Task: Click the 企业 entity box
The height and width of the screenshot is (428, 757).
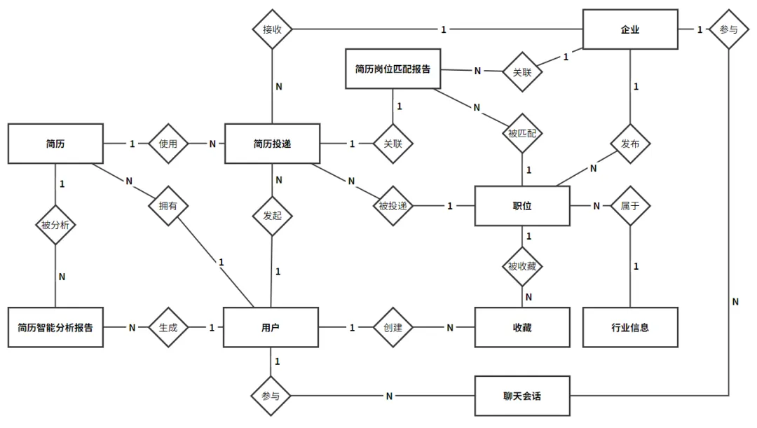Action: [630, 29]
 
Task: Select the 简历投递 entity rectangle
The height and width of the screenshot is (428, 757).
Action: [272, 144]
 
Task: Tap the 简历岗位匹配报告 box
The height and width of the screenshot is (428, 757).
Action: [393, 69]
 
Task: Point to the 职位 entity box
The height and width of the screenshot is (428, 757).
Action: [522, 206]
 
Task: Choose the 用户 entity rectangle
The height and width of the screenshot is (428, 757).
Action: [271, 328]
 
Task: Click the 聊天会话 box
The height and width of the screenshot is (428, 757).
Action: [522, 396]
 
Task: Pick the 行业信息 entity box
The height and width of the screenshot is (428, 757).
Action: [630, 328]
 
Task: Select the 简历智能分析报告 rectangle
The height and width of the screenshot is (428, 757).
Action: [55, 328]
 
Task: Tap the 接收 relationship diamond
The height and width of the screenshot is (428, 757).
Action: [272, 29]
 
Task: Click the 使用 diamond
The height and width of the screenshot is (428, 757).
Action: [168, 144]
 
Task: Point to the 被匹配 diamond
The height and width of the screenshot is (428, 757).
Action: [522, 133]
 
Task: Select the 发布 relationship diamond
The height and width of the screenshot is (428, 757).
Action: [630, 144]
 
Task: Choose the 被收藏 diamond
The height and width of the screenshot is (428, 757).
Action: [522, 266]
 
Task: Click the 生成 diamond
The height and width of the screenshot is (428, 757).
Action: [168, 328]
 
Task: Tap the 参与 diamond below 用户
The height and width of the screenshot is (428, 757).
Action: [271, 396]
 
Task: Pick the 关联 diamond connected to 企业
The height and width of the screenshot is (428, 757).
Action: [522, 72]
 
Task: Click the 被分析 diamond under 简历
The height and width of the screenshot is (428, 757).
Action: [55, 225]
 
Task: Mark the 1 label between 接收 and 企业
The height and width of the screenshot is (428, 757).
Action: [444, 30]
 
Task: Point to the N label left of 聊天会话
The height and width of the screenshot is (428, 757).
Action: [389, 396]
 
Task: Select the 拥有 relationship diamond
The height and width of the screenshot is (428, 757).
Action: [168, 206]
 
